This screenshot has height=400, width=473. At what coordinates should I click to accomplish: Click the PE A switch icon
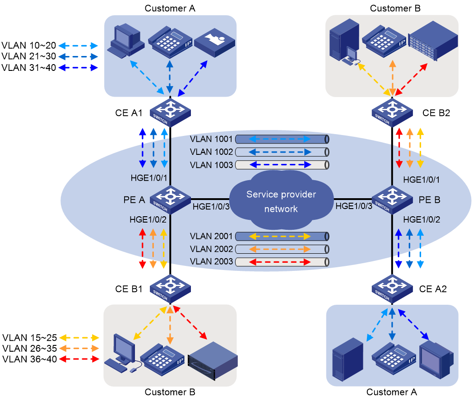170,200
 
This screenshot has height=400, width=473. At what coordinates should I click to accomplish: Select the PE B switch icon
392,200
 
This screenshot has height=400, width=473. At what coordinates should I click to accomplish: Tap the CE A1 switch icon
170,112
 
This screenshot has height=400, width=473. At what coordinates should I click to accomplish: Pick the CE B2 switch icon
392,112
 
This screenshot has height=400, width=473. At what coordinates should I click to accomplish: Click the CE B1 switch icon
170,289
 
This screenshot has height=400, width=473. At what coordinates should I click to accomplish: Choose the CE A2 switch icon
392,289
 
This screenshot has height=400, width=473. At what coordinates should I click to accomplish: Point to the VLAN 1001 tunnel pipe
282,139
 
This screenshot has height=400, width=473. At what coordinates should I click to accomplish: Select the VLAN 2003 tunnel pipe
282,262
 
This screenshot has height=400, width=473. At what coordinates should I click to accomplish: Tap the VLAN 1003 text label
211,165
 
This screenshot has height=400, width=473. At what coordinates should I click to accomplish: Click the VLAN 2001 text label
211,236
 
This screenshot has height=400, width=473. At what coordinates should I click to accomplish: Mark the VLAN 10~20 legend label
28,45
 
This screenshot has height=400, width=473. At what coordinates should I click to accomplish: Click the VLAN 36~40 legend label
30,359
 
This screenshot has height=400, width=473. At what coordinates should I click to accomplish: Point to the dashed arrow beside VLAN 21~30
78,56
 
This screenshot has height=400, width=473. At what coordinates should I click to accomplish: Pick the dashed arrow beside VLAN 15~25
79,338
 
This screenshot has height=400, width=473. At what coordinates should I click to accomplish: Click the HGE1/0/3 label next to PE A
211,207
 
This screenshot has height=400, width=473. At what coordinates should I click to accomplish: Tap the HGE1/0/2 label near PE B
422,219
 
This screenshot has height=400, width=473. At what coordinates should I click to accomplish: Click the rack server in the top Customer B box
433,41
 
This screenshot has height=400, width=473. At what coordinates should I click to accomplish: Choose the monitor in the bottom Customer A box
436,359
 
